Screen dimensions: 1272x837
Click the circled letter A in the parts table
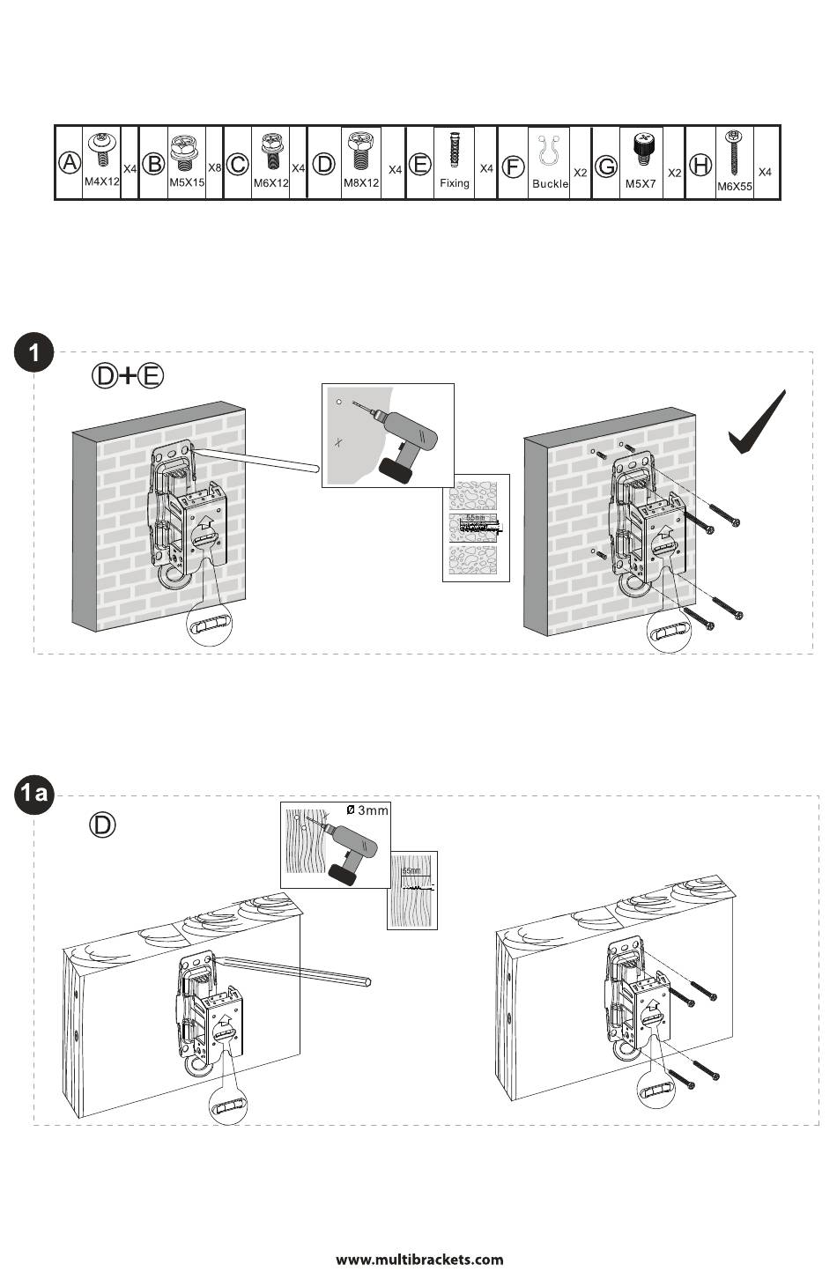(x=70, y=163)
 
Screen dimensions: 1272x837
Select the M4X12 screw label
(x=102, y=181)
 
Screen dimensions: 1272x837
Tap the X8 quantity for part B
(x=214, y=167)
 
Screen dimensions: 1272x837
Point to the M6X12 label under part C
(x=271, y=183)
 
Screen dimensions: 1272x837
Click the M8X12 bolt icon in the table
(x=359, y=152)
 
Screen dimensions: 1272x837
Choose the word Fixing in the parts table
(x=455, y=183)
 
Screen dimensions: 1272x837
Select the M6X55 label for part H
(x=734, y=187)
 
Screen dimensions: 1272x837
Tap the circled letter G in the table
(x=606, y=166)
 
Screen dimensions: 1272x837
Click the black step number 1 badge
(x=34, y=354)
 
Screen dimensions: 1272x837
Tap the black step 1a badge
(x=34, y=795)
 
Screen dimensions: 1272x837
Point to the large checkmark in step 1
(x=757, y=424)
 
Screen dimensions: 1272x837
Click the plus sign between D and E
(x=129, y=376)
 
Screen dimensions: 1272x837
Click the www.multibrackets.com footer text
(x=419, y=1259)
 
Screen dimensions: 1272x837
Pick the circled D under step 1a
(x=103, y=825)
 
